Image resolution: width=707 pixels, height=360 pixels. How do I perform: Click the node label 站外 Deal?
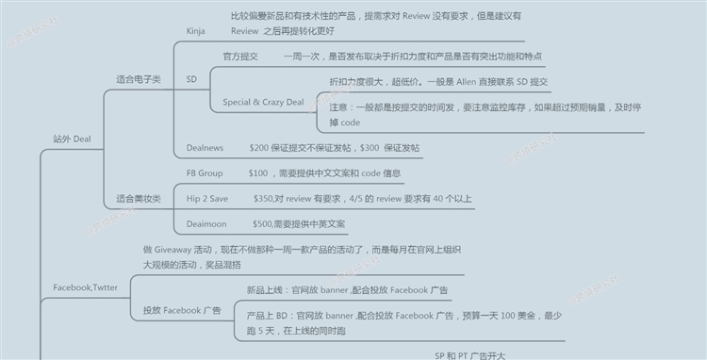72,139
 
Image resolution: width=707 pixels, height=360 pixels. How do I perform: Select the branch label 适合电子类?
139,79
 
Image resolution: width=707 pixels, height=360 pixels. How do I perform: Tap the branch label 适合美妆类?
139,199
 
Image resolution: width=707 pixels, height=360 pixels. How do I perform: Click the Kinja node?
196,31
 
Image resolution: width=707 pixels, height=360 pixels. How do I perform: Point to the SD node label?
192,79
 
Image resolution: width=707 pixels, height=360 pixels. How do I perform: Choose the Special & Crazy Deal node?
262,101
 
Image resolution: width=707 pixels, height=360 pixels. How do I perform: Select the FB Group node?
205,173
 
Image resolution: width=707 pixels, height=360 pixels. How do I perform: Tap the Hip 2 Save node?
208,199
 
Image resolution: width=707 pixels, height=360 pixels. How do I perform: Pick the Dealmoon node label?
207,223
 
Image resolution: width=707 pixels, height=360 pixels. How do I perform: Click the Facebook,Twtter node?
86,286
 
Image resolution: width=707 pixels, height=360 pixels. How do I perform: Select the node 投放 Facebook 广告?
182,310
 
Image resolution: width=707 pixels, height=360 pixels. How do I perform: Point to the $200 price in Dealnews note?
260,148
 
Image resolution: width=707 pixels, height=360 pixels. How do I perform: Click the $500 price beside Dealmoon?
262,223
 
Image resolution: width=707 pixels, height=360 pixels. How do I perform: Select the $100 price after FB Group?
258,173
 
